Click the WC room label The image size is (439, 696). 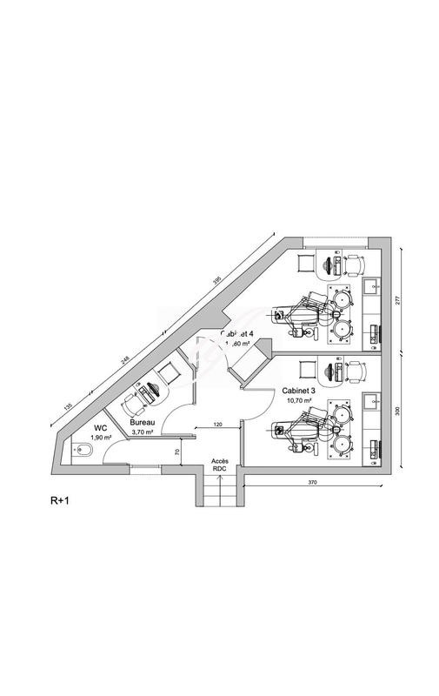click(100, 428)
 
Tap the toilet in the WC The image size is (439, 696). click(82, 452)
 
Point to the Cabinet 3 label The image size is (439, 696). click(302, 392)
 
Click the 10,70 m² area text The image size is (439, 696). click(300, 402)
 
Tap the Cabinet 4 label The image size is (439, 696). click(237, 333)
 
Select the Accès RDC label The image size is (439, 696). click(219, 465)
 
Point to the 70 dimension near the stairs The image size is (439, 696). click(176, 452)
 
